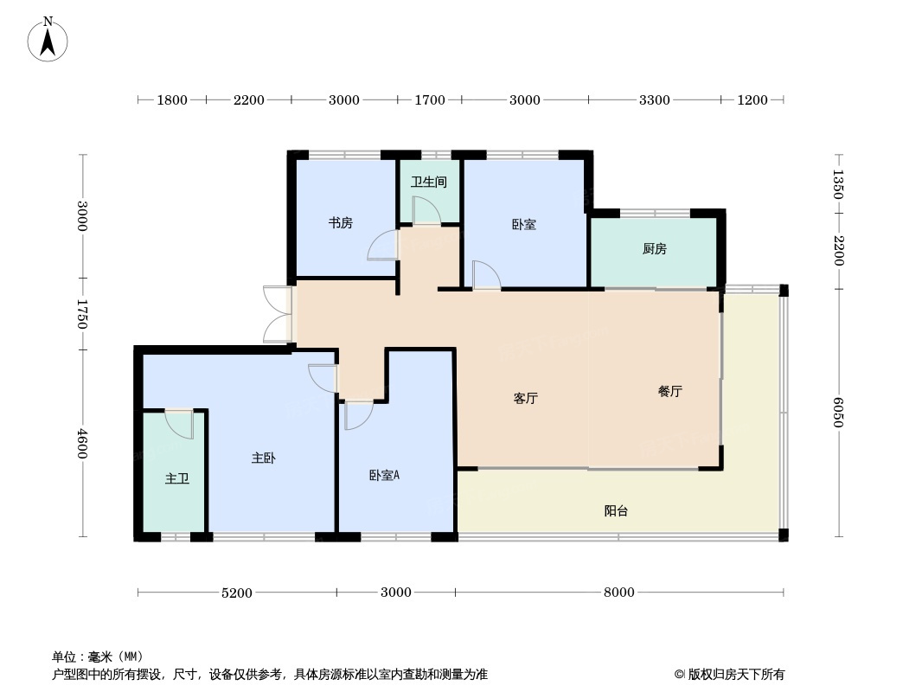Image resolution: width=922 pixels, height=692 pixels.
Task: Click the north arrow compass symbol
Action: point(48,40)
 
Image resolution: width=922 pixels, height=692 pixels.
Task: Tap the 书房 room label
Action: point(341,223)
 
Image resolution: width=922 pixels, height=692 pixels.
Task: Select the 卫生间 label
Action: point(429,182)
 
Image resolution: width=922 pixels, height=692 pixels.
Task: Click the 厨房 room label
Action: point(655,249)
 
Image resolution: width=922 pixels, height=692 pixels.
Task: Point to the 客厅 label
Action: point(526,398)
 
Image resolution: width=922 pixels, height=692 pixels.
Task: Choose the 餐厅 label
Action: point(669,391)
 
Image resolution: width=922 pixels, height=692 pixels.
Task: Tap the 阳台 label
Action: point(616,511)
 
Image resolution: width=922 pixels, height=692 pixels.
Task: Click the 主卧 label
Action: point(264,458)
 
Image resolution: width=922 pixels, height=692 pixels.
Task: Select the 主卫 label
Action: point(177,478)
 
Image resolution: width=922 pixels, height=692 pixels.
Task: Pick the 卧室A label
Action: point(385,475)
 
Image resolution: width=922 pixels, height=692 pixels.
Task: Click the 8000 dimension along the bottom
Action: point(619,592)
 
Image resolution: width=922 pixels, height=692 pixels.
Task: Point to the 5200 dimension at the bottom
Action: point(237,593)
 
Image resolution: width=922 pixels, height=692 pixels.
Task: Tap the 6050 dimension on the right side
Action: point(838,413)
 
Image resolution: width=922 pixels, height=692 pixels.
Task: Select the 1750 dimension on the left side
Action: point(82,314)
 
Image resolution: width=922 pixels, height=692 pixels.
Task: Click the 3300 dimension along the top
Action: point(655,100)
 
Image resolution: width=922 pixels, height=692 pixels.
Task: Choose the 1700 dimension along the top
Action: point(430,100)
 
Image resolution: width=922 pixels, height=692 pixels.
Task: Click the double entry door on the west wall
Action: point(277,314)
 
